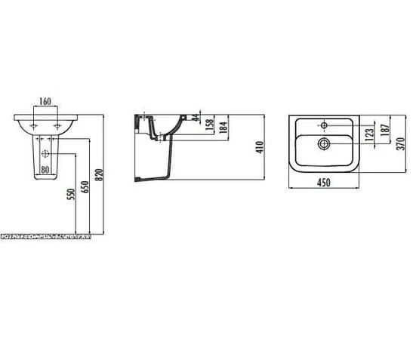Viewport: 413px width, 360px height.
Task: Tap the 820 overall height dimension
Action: pos(100,175)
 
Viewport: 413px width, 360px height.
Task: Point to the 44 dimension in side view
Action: pos(196,118)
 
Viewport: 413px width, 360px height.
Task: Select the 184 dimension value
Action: pos(223,128)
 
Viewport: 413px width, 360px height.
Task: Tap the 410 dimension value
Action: pos(259,148)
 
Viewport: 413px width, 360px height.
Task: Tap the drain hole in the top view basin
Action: pos(324,142)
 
